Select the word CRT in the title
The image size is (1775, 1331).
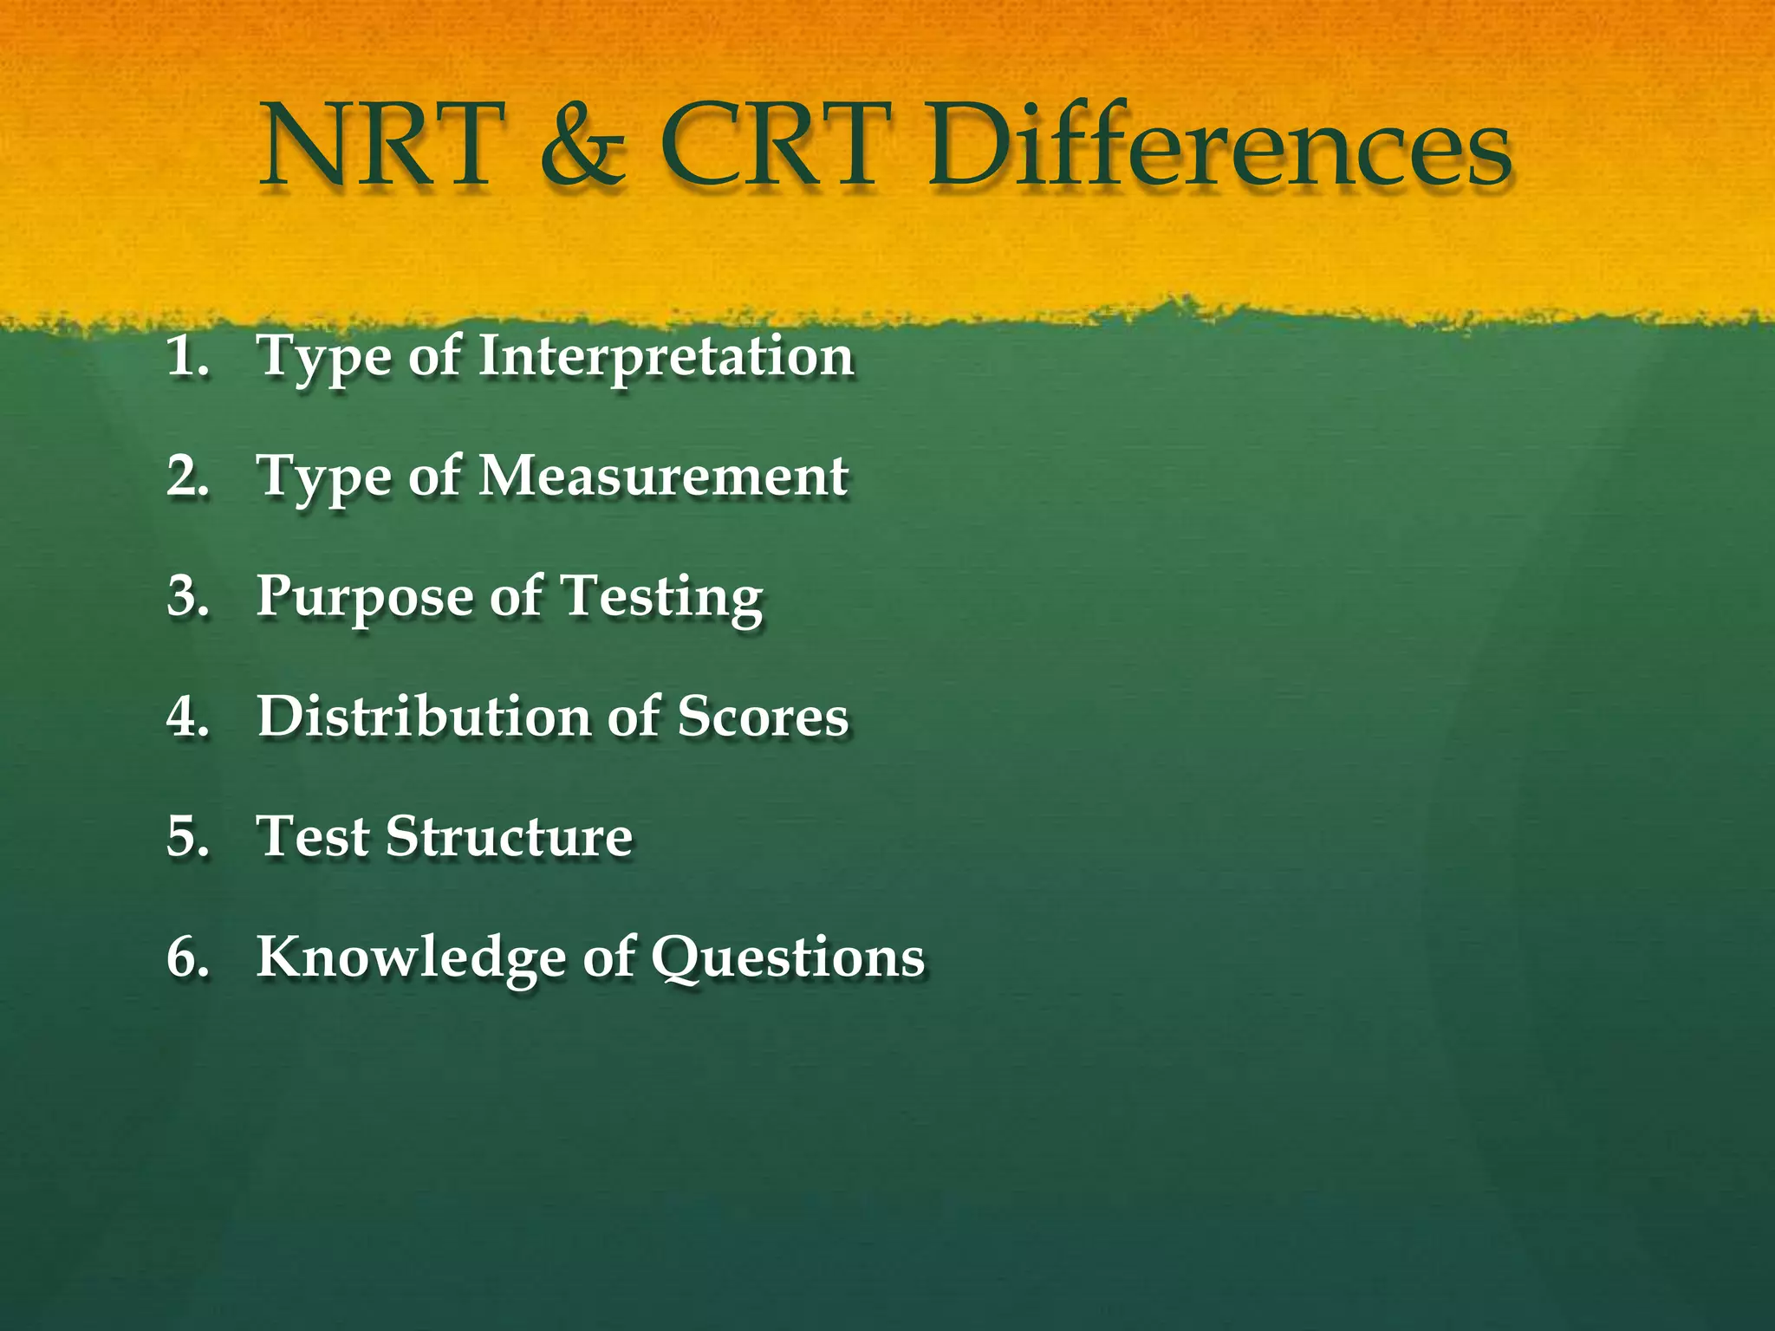click(776, 146)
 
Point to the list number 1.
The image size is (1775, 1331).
click(187, 356)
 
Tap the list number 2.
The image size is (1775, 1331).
click(187, 477)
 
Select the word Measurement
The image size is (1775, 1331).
click(663, 477)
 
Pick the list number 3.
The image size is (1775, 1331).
click(187, 597)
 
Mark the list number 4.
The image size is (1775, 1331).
click(187, 717)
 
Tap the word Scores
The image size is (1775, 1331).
click(763, 717)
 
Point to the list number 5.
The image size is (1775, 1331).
click(187, 837)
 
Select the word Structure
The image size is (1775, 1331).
click(509, 837)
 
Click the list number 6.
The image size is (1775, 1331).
click(187, 958)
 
